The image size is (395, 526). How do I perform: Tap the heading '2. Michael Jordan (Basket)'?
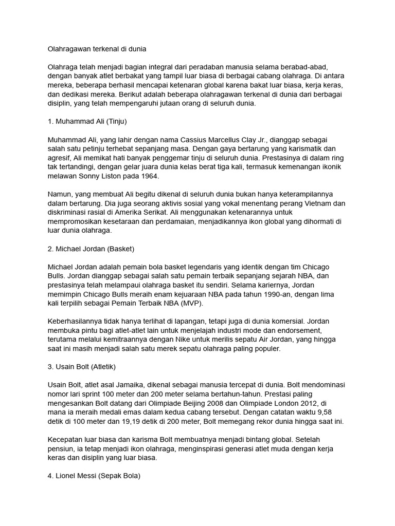(91, 249)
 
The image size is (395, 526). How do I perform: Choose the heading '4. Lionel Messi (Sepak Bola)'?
(94, 476)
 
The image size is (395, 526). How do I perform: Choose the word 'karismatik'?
(301, 149)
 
